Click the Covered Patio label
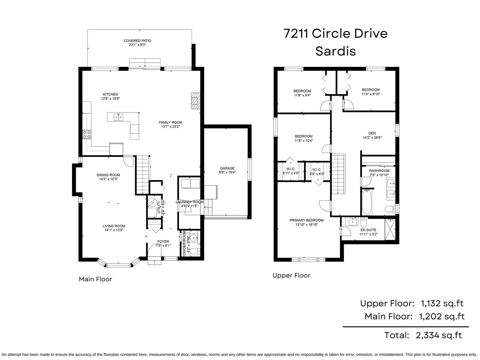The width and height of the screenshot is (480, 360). pos(137,41)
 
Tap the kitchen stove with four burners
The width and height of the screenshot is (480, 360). pos(87,134)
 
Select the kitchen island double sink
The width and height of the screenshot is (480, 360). pos(118,117)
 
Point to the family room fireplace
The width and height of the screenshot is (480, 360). pos(196,101)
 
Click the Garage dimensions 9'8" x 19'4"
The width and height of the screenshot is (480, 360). pos(227,172)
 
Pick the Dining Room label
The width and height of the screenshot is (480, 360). pos(108,175)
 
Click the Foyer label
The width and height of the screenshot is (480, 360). pos(163,241)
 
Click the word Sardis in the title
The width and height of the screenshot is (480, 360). pos(335,51)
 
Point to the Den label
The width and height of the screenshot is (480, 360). pos(372,133)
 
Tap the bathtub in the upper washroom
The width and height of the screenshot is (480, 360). pos(367,202)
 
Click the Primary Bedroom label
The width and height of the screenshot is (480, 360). pos(307,220)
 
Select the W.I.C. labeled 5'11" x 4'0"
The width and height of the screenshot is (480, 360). pos(291,171)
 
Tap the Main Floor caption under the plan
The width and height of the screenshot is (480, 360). pos(95,279)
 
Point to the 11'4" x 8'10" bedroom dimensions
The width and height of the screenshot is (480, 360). pos(371,94)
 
